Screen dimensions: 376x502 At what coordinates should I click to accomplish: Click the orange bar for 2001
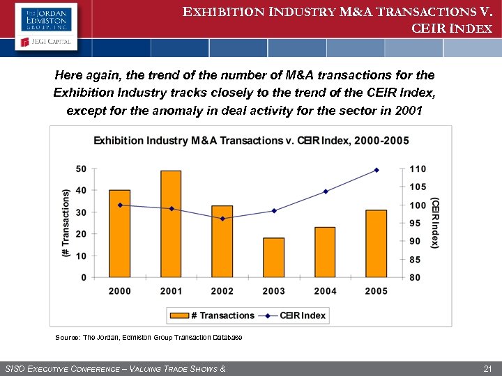(171, 224)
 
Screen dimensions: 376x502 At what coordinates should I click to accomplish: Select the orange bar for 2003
(273, 258)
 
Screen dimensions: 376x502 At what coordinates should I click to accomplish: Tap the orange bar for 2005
(376, 244)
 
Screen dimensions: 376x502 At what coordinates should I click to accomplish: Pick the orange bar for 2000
(120, 233)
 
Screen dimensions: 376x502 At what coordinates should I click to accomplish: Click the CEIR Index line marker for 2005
(376, 170)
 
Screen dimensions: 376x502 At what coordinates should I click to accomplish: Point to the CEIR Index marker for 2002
(222, 219)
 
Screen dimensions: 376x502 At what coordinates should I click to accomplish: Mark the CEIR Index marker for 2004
(326, 191)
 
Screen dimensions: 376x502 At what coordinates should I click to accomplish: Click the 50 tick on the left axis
(81, 169)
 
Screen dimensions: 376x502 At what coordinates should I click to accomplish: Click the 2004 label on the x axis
(325, 291)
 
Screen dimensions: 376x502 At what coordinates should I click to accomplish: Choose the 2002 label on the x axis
(222, 291)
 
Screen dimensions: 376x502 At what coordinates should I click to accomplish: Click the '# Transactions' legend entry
(213, 315)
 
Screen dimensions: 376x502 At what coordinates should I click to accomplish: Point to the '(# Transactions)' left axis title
(66, 223)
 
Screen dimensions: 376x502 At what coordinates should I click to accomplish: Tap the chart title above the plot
(251, 141)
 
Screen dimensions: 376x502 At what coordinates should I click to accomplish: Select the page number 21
(487, 368)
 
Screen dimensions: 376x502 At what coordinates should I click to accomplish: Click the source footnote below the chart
(149, 338)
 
